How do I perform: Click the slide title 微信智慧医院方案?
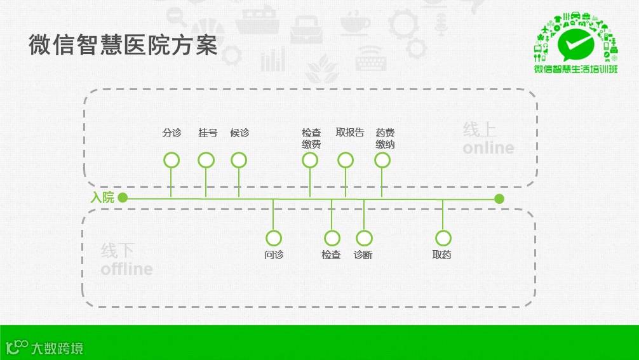click(x=123, y=46)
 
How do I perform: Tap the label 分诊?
click(x=172, y=133)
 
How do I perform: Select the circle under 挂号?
click(x=206, y=160)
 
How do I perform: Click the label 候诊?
click(x=239, y=133)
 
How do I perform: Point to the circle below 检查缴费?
click(x=310, y=160)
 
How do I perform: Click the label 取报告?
click(x=350, y=133)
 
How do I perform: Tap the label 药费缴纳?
click(x=385, y=138)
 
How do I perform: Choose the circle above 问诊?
click(x=274, y=238)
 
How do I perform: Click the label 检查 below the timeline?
click(x=331, y=255)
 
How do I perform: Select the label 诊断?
click(x=363, y=255)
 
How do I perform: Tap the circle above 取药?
click(x=443, y=238)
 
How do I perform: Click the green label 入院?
click(x=102, y=198)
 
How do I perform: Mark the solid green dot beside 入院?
click(x=123, y=198)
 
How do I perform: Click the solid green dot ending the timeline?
click(x=499, y=199)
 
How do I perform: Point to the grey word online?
click(x=488, y=148)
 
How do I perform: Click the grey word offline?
click(x=126, y=269)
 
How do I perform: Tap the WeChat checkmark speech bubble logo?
click(x=576, y=44)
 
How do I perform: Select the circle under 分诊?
click(x=172, y=160)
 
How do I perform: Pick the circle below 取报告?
click(x=346, y=160)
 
